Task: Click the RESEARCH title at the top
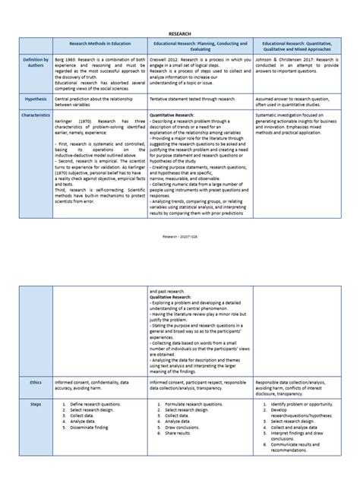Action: coord(179,34)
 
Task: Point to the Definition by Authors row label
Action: coord(36,62)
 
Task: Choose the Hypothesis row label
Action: coord(36,99)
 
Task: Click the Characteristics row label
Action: coord(36,115)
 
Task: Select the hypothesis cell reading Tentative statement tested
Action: coord(191,99)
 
